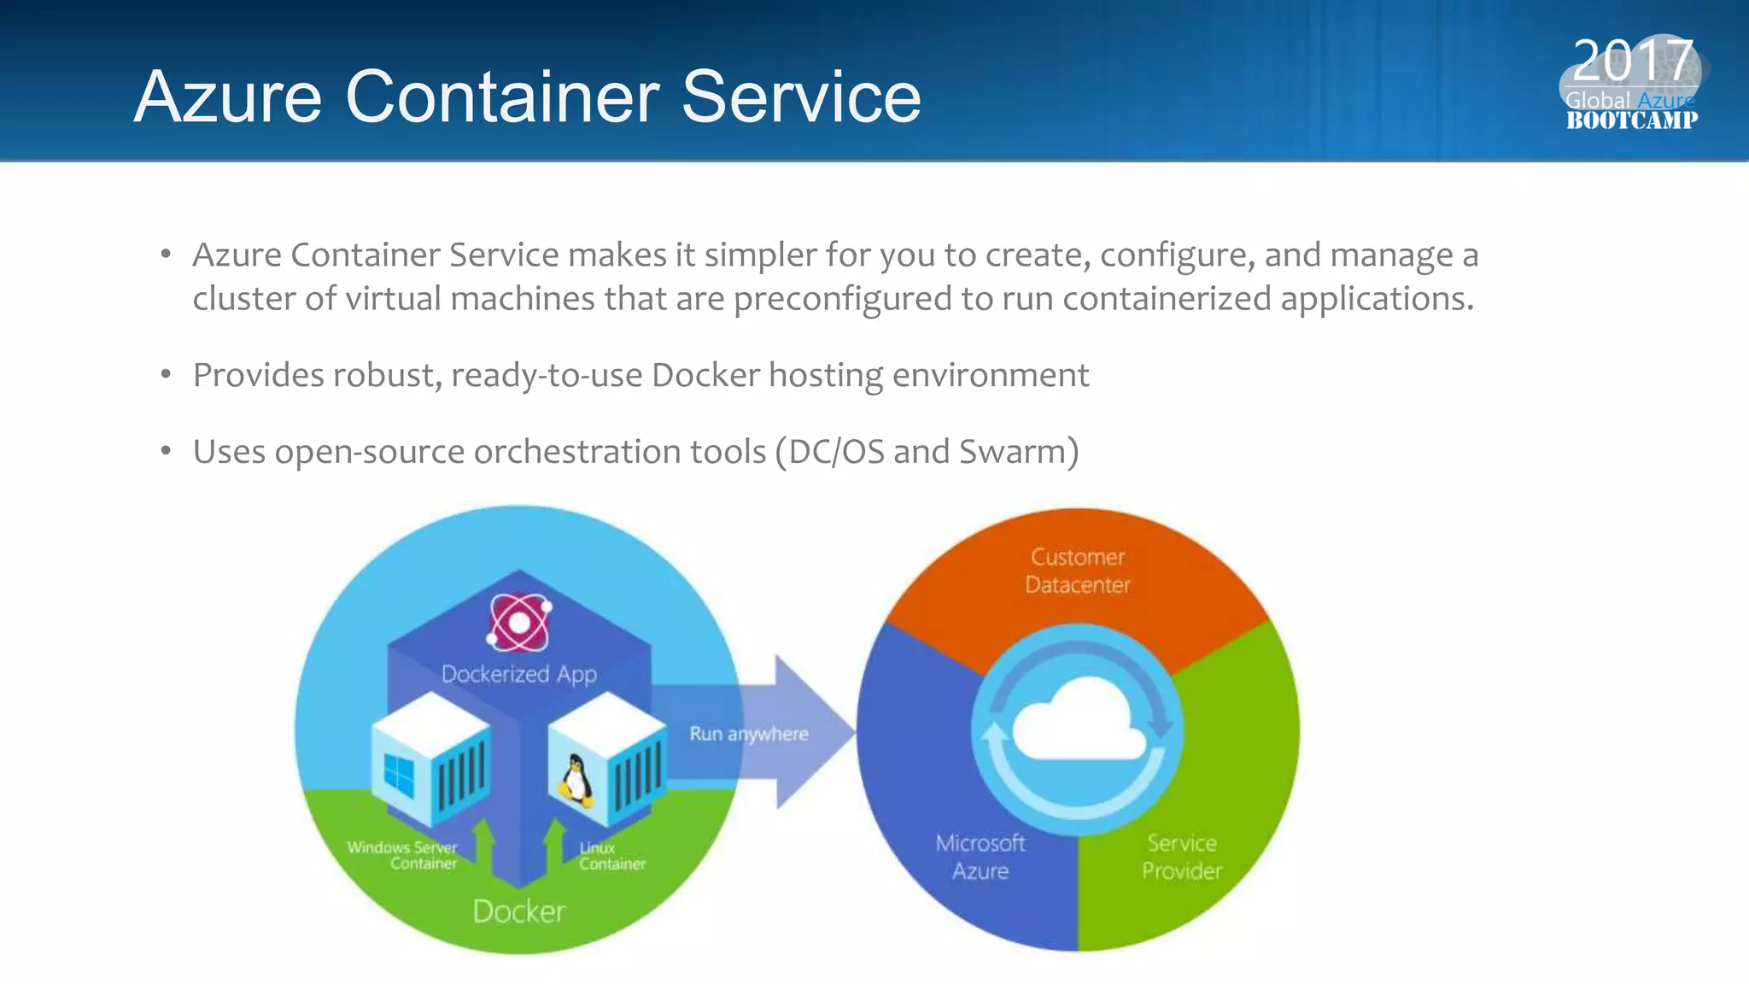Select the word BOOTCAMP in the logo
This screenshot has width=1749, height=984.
click(x=1631, y=120)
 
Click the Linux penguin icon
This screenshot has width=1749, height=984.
click(x=576, y=780)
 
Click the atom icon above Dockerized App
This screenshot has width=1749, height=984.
click(x=518, y=622)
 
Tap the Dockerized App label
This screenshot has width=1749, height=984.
click(x=518, y=674)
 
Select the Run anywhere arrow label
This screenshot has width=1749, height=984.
click(x=748, y=734)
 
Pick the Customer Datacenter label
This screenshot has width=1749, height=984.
click(x=1078, y=571)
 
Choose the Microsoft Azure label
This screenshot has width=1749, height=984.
click(x=980, y=857)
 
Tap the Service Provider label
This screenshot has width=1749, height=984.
click(x=1182, y=857)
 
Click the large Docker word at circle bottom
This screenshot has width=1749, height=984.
click(x=518, y=911)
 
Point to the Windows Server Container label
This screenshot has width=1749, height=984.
click(x=402, y=855)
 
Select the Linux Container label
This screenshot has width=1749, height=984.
click(x=611, y=855)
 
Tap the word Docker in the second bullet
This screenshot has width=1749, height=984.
click(x=705, y=375)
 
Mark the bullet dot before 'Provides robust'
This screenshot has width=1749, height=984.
click(x=167, y=375)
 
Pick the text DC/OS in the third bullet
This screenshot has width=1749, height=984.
click(x=836, y=452)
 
